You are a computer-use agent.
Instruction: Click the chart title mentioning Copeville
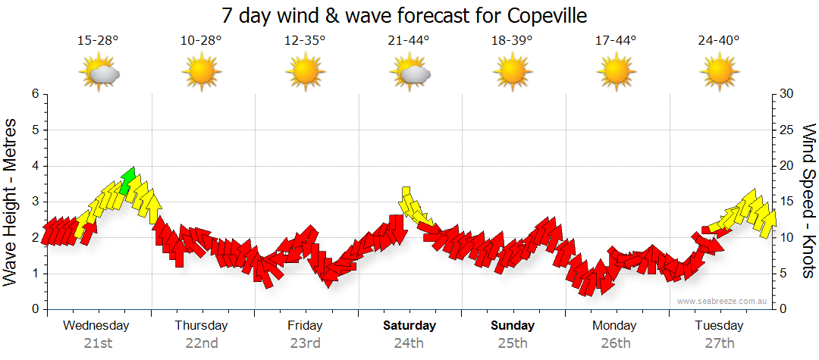point(409,16)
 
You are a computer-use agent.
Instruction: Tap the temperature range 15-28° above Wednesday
point(98,41)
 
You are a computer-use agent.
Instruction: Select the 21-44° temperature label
point(409,41)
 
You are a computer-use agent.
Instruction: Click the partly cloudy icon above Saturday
point(410,74)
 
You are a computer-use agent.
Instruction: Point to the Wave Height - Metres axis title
point(11,202)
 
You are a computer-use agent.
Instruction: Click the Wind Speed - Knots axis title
point(808,202)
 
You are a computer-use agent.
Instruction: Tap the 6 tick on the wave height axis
point(34,94)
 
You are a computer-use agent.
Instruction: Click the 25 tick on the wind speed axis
point(787,130)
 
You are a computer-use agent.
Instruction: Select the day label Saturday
point(409,326)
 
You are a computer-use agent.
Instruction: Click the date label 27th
point(719,343)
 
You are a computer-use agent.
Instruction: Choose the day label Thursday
point(201,326)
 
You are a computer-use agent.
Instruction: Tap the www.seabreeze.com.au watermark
point(723,301)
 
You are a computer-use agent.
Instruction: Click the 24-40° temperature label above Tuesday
point(719,41)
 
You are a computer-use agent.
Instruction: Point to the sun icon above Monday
point(616,74)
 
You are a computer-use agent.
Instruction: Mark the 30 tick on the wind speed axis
point(787,94)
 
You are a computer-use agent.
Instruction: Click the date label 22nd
point(201,343)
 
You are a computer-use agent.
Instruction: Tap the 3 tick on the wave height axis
point(34,202)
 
